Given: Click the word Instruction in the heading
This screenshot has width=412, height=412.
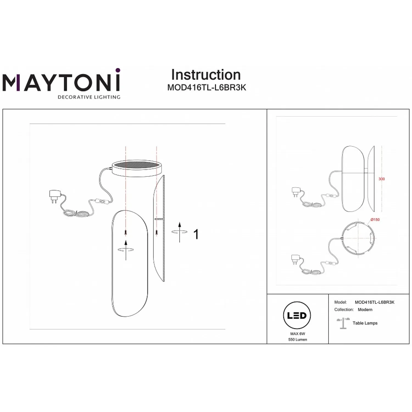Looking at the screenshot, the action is (x=206, y=75).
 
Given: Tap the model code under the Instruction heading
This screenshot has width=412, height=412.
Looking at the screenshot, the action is (x=207, y=87).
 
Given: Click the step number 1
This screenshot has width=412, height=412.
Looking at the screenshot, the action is (x=196, y=234).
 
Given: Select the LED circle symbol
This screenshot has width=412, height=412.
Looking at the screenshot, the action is (x=297, y=315).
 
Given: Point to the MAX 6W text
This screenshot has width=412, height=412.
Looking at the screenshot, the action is (x=298, y=334).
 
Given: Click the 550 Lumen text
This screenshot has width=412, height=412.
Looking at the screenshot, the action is (x=298, y=339).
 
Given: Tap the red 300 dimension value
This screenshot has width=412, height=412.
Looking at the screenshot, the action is (x=382, y=179).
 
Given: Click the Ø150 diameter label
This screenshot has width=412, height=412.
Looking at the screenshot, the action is (x=375, y=220).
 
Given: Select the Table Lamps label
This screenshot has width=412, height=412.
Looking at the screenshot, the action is (x=365, y=323).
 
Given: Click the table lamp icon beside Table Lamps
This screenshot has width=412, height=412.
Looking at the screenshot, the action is (x=343, y=323).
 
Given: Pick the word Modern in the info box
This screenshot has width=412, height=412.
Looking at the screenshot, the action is (x=365, y=310).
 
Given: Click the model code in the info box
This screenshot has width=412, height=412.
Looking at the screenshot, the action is (x=375, y=302).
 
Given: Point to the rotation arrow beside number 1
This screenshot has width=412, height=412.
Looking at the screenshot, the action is (x=180, y=232).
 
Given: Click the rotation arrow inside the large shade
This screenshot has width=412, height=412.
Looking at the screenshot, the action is (x=126, y=250).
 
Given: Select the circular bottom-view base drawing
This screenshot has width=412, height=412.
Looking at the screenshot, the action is (x=357, y=238).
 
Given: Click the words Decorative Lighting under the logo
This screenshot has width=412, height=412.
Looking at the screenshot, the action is (x=89, y=97).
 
